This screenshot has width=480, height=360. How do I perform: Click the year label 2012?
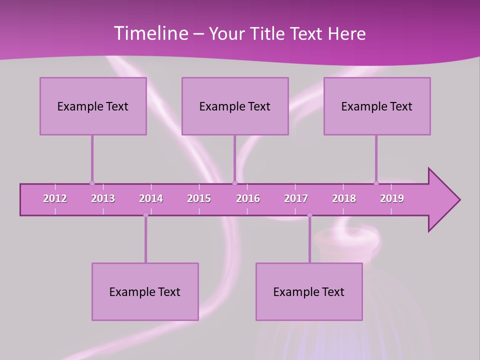pos(55,199)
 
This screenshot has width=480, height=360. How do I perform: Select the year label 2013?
pos(103,199)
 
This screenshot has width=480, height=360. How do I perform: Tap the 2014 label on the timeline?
pos(151,199)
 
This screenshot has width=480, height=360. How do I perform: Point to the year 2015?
pos(199,199)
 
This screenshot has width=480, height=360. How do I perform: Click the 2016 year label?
pos(248,199)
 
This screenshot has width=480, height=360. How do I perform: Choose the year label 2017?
pos(296,199)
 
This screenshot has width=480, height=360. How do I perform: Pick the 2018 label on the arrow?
pos(344,199)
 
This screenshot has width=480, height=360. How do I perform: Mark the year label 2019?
pos(392,199)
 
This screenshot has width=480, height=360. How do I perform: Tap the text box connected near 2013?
pos(93,106)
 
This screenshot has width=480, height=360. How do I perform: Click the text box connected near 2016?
pos(235,106)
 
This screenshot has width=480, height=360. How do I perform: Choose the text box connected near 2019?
pos(377,106)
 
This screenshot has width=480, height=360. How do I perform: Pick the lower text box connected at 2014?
pos(145,291)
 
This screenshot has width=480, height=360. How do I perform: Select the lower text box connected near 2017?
pos(309,291)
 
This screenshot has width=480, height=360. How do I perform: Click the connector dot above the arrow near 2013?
pos(92,183)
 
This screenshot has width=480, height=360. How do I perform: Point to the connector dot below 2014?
pos(145,215)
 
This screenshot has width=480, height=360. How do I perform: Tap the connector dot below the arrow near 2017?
pos(309,215)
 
